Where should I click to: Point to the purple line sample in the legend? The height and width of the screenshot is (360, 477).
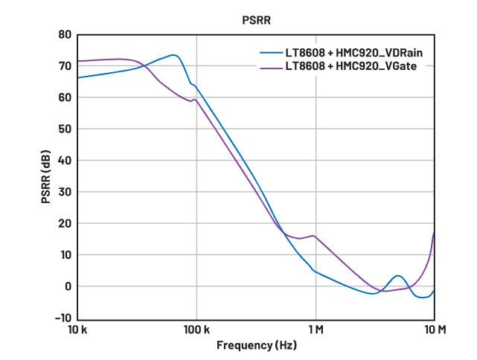click(269, 66)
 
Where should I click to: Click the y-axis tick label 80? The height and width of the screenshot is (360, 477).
click(65, 35)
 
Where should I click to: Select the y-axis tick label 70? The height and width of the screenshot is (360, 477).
click(65, 66)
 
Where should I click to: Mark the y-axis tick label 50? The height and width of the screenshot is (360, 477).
click(65, 129)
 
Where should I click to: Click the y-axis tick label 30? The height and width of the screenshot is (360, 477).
click(65, 192)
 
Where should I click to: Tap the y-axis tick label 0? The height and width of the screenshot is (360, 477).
click(68, 286)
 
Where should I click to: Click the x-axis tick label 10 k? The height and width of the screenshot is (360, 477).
click(77, 330)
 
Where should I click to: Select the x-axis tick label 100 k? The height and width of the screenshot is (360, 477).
click(196, 330)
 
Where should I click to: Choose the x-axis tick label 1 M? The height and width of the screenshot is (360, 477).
click(316, 330)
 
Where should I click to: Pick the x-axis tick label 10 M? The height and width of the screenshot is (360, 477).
click(435, 330)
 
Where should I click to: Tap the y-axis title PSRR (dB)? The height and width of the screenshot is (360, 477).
click(46, 177)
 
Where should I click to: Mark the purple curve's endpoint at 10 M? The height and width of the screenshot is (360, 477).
click(434, 234)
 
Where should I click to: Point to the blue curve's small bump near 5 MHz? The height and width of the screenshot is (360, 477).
click(399, 276)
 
